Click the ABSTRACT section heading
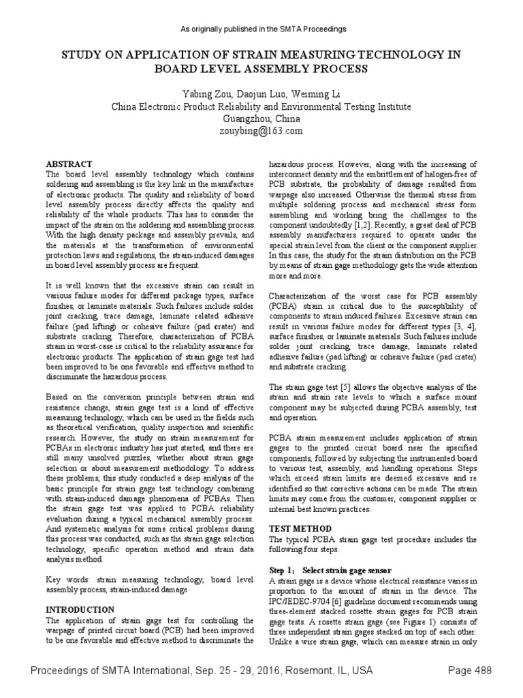68,164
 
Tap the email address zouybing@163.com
261,131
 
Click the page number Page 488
469,671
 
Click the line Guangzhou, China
261,119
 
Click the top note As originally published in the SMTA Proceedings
261,29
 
